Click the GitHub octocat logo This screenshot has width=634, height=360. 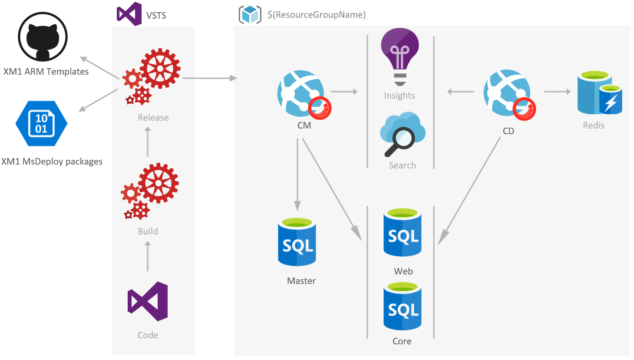click(x=43, y=36)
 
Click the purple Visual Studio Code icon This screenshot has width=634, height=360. click(x=148, y=301)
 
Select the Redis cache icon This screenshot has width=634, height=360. click(x=599, y=93)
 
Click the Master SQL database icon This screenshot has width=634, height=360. click(x=297, y=242)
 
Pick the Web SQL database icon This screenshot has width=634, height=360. click(x=403, y=233)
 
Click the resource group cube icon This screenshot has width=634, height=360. click(x=250, y=14)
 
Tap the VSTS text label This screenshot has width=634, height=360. click(x=156, y=16)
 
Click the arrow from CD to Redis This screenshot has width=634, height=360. click(x=557, y=92)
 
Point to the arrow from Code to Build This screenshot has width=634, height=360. click(x=148, y=256)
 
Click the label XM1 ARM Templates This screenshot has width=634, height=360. click(x=46, y=72)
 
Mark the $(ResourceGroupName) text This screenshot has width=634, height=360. click(x=317, y=15)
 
